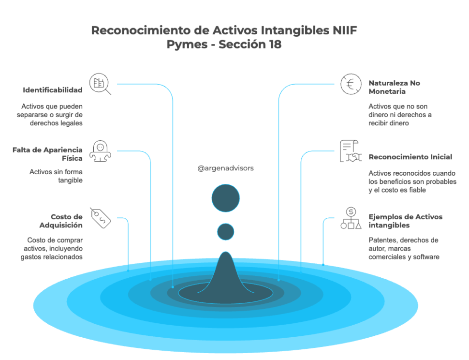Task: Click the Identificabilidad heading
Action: coord(53,90)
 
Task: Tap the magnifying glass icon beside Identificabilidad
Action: coord(100,84)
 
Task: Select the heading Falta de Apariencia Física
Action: coord(47,154)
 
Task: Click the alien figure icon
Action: coord(100,151)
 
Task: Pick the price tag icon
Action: coord(101,218)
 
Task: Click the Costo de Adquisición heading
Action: coord(61,221)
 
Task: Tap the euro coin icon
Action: coord(351,84)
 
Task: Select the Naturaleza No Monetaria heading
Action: coord(394,87)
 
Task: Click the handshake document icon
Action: coord(351,151)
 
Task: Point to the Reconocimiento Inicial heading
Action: coord(410,157)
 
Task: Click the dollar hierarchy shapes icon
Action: coord(351,218)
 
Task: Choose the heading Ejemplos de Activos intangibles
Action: coord(405,221)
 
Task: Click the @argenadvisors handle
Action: coord(225,168)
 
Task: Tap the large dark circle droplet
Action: coord(225,198)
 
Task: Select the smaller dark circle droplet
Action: coord(225,232)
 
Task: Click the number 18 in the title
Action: coord(275,45)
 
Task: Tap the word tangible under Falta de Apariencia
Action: coord(70,180)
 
